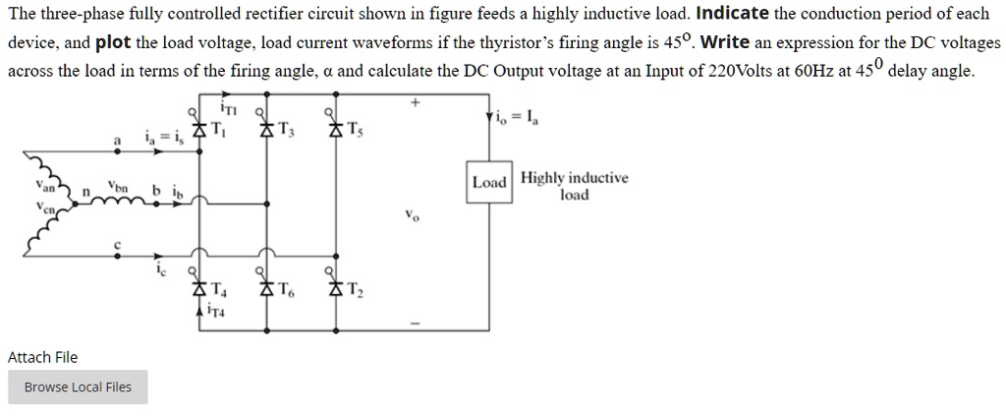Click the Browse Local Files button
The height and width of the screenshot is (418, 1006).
78,387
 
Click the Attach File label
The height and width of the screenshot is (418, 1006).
42,357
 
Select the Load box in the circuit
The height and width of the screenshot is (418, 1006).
488,183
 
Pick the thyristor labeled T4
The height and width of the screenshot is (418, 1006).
200,289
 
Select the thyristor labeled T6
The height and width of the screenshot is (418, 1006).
264,289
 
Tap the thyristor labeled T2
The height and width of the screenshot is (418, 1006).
334,289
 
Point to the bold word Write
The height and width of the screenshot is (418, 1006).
727,44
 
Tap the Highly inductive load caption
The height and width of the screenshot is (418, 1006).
575,186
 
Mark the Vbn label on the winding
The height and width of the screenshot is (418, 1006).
119,184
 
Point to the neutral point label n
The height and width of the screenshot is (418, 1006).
85,191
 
